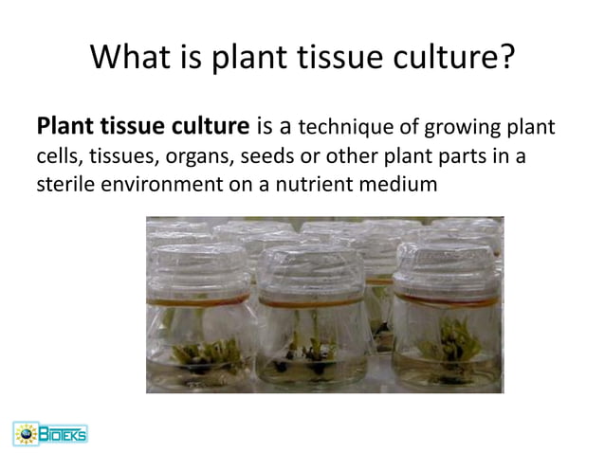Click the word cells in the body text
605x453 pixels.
coord(56,155)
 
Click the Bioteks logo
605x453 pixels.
coord(49,433)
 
